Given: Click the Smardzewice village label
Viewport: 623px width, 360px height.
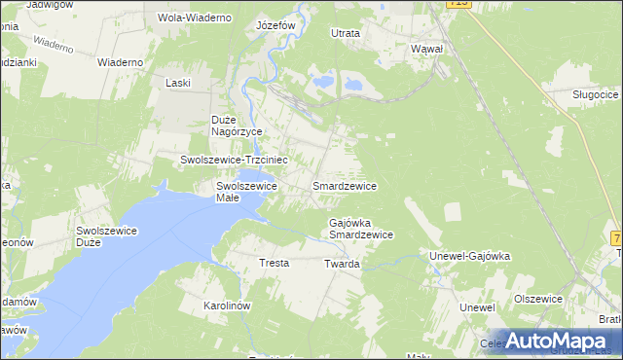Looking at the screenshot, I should point(344,184).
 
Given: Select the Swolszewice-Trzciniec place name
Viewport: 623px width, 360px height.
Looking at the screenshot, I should point(233,159).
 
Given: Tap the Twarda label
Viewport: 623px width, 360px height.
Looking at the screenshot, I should point(343,264).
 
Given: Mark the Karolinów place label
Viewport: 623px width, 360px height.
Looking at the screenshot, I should point(228,306).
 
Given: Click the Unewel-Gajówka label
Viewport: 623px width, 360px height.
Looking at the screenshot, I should point(470,256).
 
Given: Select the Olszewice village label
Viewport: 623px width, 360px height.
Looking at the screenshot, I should point(539,299).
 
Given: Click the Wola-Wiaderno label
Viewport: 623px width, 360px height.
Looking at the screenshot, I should point(195,18).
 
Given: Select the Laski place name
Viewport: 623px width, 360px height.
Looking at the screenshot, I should point(177,83).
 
